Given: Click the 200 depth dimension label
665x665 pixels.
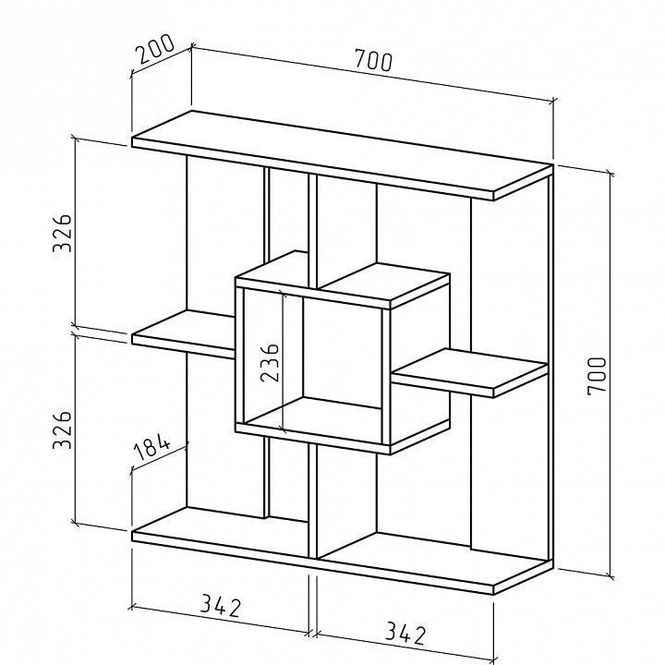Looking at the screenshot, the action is (154, 48).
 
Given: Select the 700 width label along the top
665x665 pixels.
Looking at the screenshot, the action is (374, 60).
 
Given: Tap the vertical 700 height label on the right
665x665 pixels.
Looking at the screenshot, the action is (598, 376).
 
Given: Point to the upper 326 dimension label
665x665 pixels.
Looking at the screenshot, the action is (63, 234).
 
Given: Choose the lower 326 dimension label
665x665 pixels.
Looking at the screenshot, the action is (63, 429).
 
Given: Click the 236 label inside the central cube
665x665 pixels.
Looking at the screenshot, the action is (270, 362).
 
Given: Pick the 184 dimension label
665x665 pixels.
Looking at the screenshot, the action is (151, 447).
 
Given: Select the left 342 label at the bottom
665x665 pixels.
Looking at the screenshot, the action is (221, 606).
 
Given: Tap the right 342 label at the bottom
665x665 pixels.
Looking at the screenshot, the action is (405, 634).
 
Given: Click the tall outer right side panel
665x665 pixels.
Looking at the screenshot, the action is (550, 369).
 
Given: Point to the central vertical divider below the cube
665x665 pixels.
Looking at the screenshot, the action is (312, 502).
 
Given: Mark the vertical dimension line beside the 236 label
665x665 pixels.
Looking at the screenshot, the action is (283, 360).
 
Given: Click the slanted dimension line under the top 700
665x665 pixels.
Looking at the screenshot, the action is (373, 74).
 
